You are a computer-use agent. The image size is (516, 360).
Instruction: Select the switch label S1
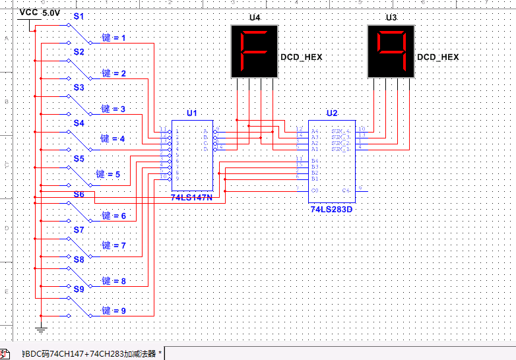coord(79,15)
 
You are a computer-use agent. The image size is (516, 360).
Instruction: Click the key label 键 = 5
coord(108,174)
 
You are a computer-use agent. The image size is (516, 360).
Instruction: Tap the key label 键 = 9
coord(113,311)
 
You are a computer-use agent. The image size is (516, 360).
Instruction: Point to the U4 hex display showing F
coord(253,51)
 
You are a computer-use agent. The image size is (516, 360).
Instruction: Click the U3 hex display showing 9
coord(391,51)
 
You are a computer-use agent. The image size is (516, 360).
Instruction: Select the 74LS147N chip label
coord(191,197)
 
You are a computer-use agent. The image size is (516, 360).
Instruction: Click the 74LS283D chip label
coord(331,209)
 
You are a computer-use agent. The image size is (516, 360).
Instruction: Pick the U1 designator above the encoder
coord(191,113)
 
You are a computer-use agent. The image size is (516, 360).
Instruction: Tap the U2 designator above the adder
coord(331,113)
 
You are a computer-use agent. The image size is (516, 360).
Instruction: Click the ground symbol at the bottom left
coord(41,328)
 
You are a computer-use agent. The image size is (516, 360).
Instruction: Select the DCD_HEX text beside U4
coord(302,57)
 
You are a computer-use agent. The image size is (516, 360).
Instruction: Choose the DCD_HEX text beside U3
coord(437,57)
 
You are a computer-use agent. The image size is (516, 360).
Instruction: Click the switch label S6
coord(79,195)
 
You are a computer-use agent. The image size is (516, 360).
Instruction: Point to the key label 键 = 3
coord(113,109)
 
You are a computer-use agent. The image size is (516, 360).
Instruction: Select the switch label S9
coord(79,289)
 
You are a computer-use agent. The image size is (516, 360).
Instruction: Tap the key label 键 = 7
coord(113,245)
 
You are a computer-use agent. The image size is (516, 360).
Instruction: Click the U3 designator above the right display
coord(391,17)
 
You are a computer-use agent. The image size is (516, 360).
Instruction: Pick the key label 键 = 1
coord(113,38)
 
